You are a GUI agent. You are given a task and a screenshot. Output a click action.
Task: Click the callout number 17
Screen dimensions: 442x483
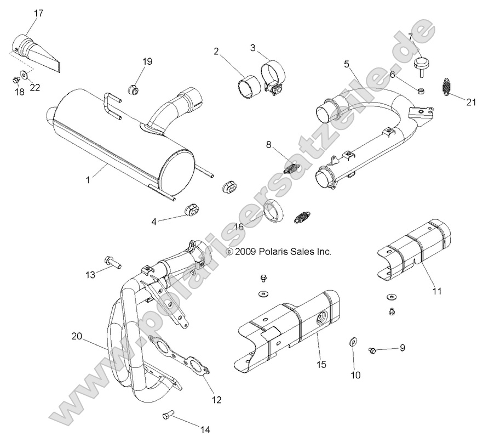(38, 13)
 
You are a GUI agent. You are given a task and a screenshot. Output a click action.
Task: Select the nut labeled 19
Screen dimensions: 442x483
(132, 89)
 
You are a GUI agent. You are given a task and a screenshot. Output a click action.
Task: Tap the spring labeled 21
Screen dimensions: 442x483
(449, 87)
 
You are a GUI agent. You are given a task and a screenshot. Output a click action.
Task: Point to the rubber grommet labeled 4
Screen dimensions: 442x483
(190, 209)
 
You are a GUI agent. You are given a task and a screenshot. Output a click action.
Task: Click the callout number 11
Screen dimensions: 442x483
(436, 291)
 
